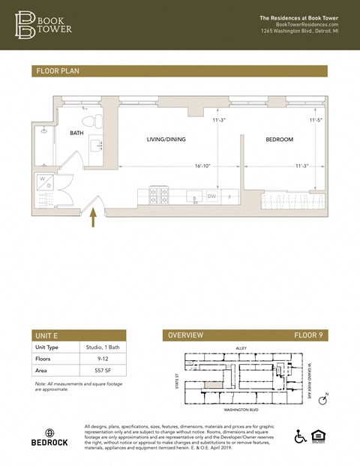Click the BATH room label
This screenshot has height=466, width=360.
(x=77, y=134)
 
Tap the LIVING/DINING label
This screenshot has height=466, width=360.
(x=166, y=140)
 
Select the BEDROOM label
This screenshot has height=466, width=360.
(x=279, y=140)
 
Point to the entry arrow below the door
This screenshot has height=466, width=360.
(x=94, y=218)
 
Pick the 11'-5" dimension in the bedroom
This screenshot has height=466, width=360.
(x=316, y=120)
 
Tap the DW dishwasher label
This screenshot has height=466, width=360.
(x=211, y=197)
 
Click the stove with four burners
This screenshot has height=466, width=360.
(x=159, y=196)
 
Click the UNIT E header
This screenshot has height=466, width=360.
(x=46, y=335)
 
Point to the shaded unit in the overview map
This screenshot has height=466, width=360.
(x=213, y=383)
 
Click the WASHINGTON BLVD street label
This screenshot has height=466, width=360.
(x=241, y=410)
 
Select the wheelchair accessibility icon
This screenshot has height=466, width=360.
(x=300, y=437)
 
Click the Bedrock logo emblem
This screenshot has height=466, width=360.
(x=49, y=433)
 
